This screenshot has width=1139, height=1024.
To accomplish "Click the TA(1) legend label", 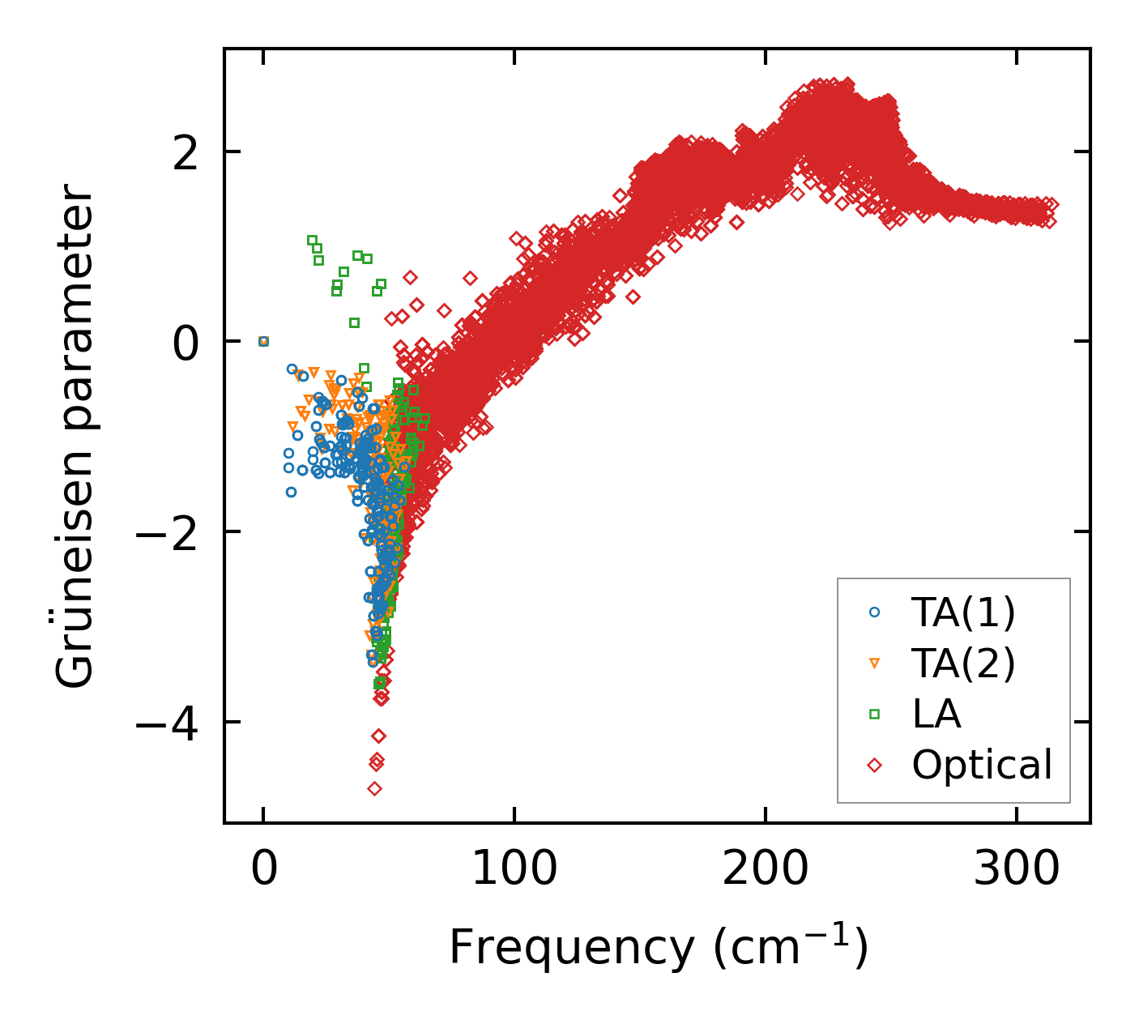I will tap(963, 613).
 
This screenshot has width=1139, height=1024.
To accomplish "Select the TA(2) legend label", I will tap(963, 663).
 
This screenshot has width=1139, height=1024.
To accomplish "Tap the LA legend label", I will tap(936, 715).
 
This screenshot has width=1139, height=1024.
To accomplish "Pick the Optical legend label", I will tap(982, 765).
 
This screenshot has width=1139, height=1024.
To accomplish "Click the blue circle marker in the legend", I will tap(874, 612).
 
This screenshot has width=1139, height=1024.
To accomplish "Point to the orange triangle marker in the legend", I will tap(874, 663).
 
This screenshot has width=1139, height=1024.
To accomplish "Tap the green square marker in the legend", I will tap(874, 714).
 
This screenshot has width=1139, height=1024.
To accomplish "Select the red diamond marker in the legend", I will tap(874, 765).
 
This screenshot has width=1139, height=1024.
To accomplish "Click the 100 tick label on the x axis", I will tap(514, 870).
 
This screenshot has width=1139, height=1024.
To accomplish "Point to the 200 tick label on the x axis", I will tap(765, 870).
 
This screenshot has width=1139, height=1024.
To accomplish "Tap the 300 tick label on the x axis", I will tap(1016, 870).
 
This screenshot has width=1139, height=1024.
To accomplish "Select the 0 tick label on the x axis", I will tap(263, 870).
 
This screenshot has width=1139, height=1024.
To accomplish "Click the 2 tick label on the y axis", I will tap(186, 151).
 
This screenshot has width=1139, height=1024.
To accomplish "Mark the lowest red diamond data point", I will tap(374, 788).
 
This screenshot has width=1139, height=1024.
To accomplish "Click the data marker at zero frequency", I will tap(263, 341).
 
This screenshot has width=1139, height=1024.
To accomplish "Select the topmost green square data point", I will tap(313, 240).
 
